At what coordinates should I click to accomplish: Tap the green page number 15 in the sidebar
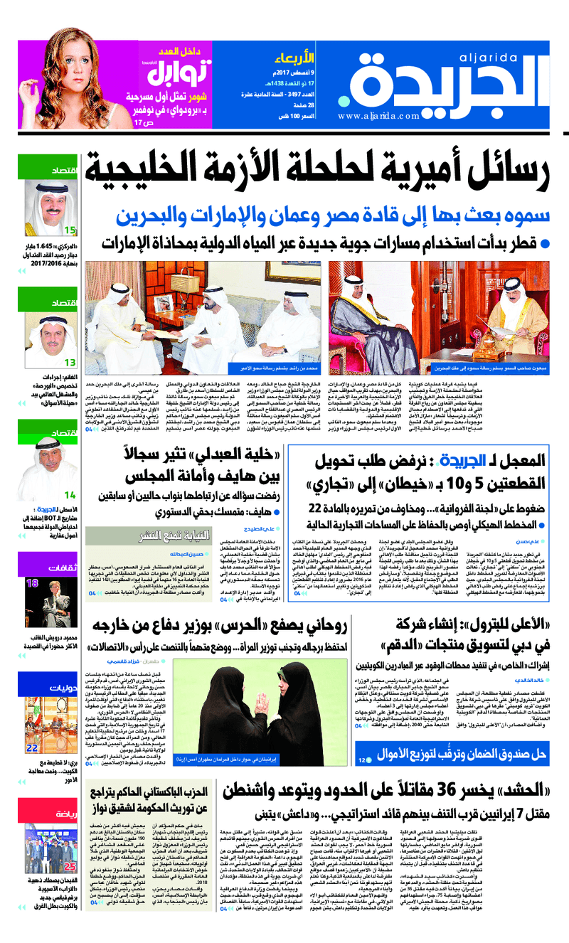pyautogui.click(x=69, y=230)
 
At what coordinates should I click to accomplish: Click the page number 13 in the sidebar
pyautogui.click(x=69, y=362)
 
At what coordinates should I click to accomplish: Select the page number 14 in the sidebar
pyautogui.click(x=69, y=495)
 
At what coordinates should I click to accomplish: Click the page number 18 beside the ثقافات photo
pyautogui.click(x=33, y=584)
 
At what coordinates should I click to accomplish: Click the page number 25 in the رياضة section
pyautogui.click(x=70, y=867)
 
